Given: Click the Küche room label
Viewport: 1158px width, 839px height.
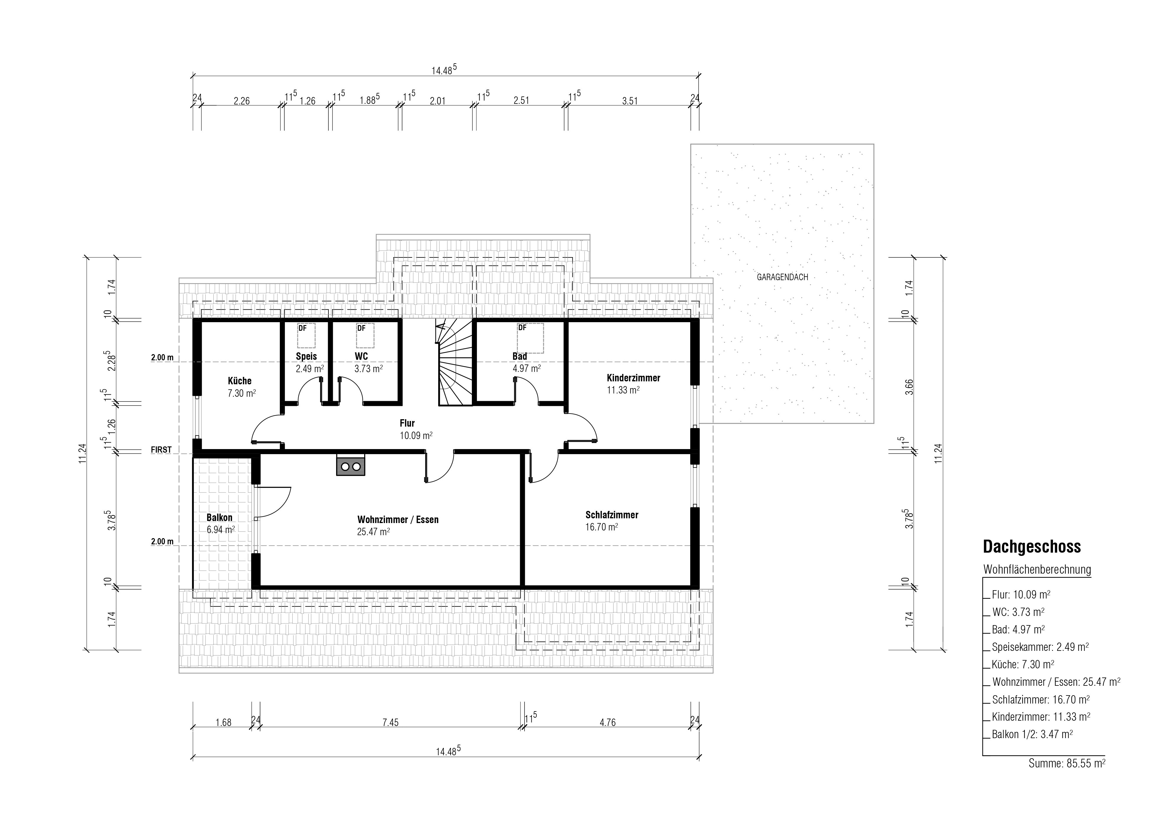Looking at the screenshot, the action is (x=239, y=381).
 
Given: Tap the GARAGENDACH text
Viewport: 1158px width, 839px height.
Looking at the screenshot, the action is (x=782, y=277).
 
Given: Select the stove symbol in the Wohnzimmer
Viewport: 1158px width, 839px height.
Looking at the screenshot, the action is (x=350, y=465).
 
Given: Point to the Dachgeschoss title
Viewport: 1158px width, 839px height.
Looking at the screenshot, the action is (x=1032, y=547).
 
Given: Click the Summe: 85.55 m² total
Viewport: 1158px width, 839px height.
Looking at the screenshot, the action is (x=1067, y=778).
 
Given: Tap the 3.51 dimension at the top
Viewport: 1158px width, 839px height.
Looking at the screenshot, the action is (x=630, y=101).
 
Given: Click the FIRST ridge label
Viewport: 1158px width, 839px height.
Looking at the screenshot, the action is (x=161, y=450).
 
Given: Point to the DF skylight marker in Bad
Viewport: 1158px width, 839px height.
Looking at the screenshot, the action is (x=522, y=328).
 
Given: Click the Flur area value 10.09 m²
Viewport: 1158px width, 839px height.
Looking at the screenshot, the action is (x=416, y=435).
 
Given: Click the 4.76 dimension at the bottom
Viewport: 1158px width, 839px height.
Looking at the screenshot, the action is (x=608, y=722).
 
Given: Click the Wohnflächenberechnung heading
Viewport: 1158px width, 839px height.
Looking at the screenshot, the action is (x=1037, y=569).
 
